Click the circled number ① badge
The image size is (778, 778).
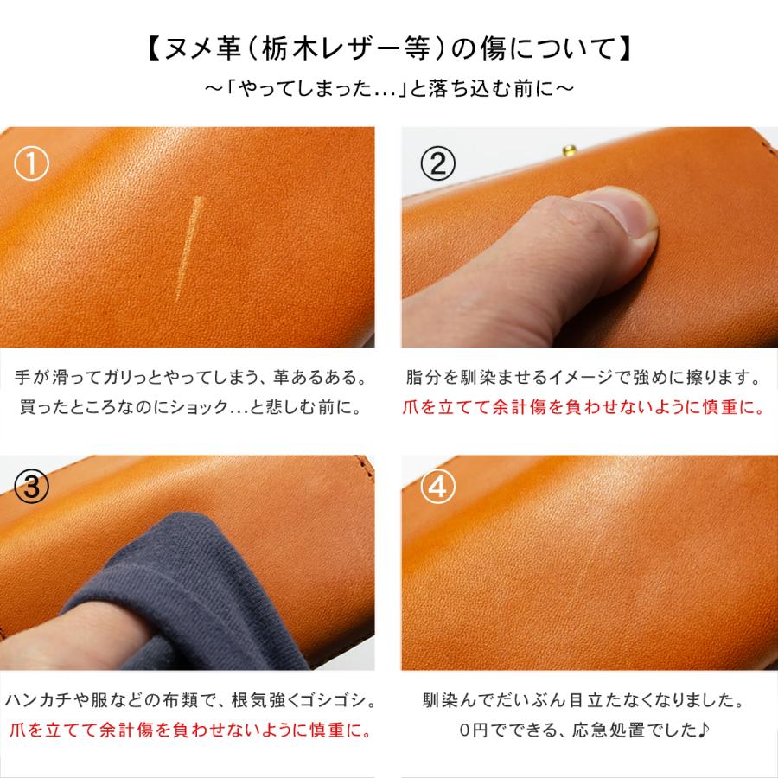(x=32, y=163)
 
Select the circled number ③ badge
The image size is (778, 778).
(x=32, y=488)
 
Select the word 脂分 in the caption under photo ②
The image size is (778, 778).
(x=420, y=378)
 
